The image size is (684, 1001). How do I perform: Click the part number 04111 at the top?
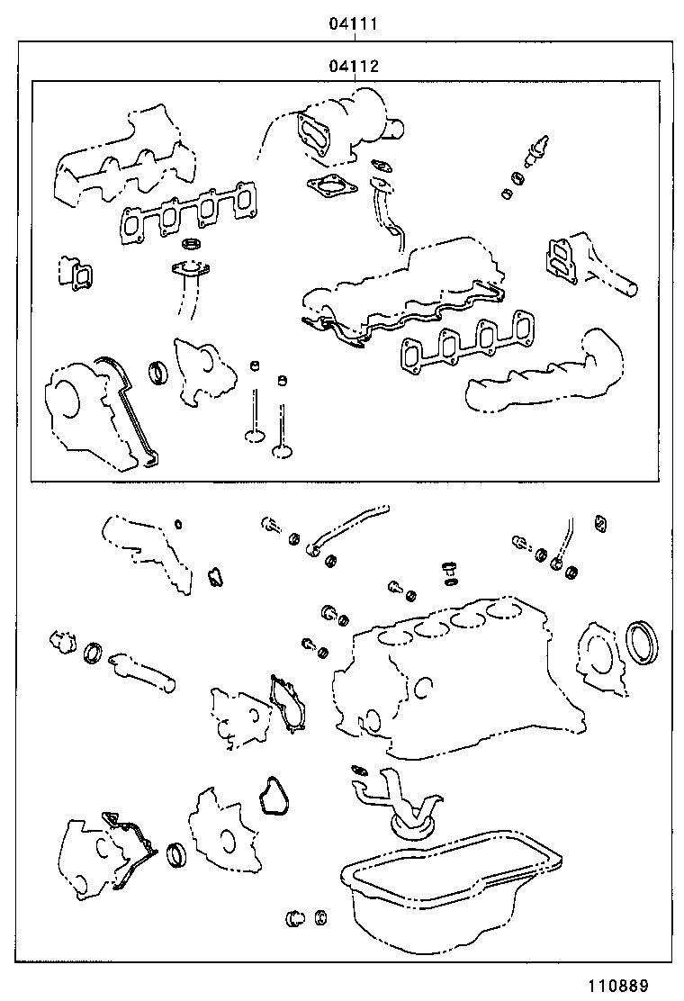(352, 24)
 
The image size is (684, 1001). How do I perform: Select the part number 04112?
(352, 66)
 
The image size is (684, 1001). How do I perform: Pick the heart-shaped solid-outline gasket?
(270, 796)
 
